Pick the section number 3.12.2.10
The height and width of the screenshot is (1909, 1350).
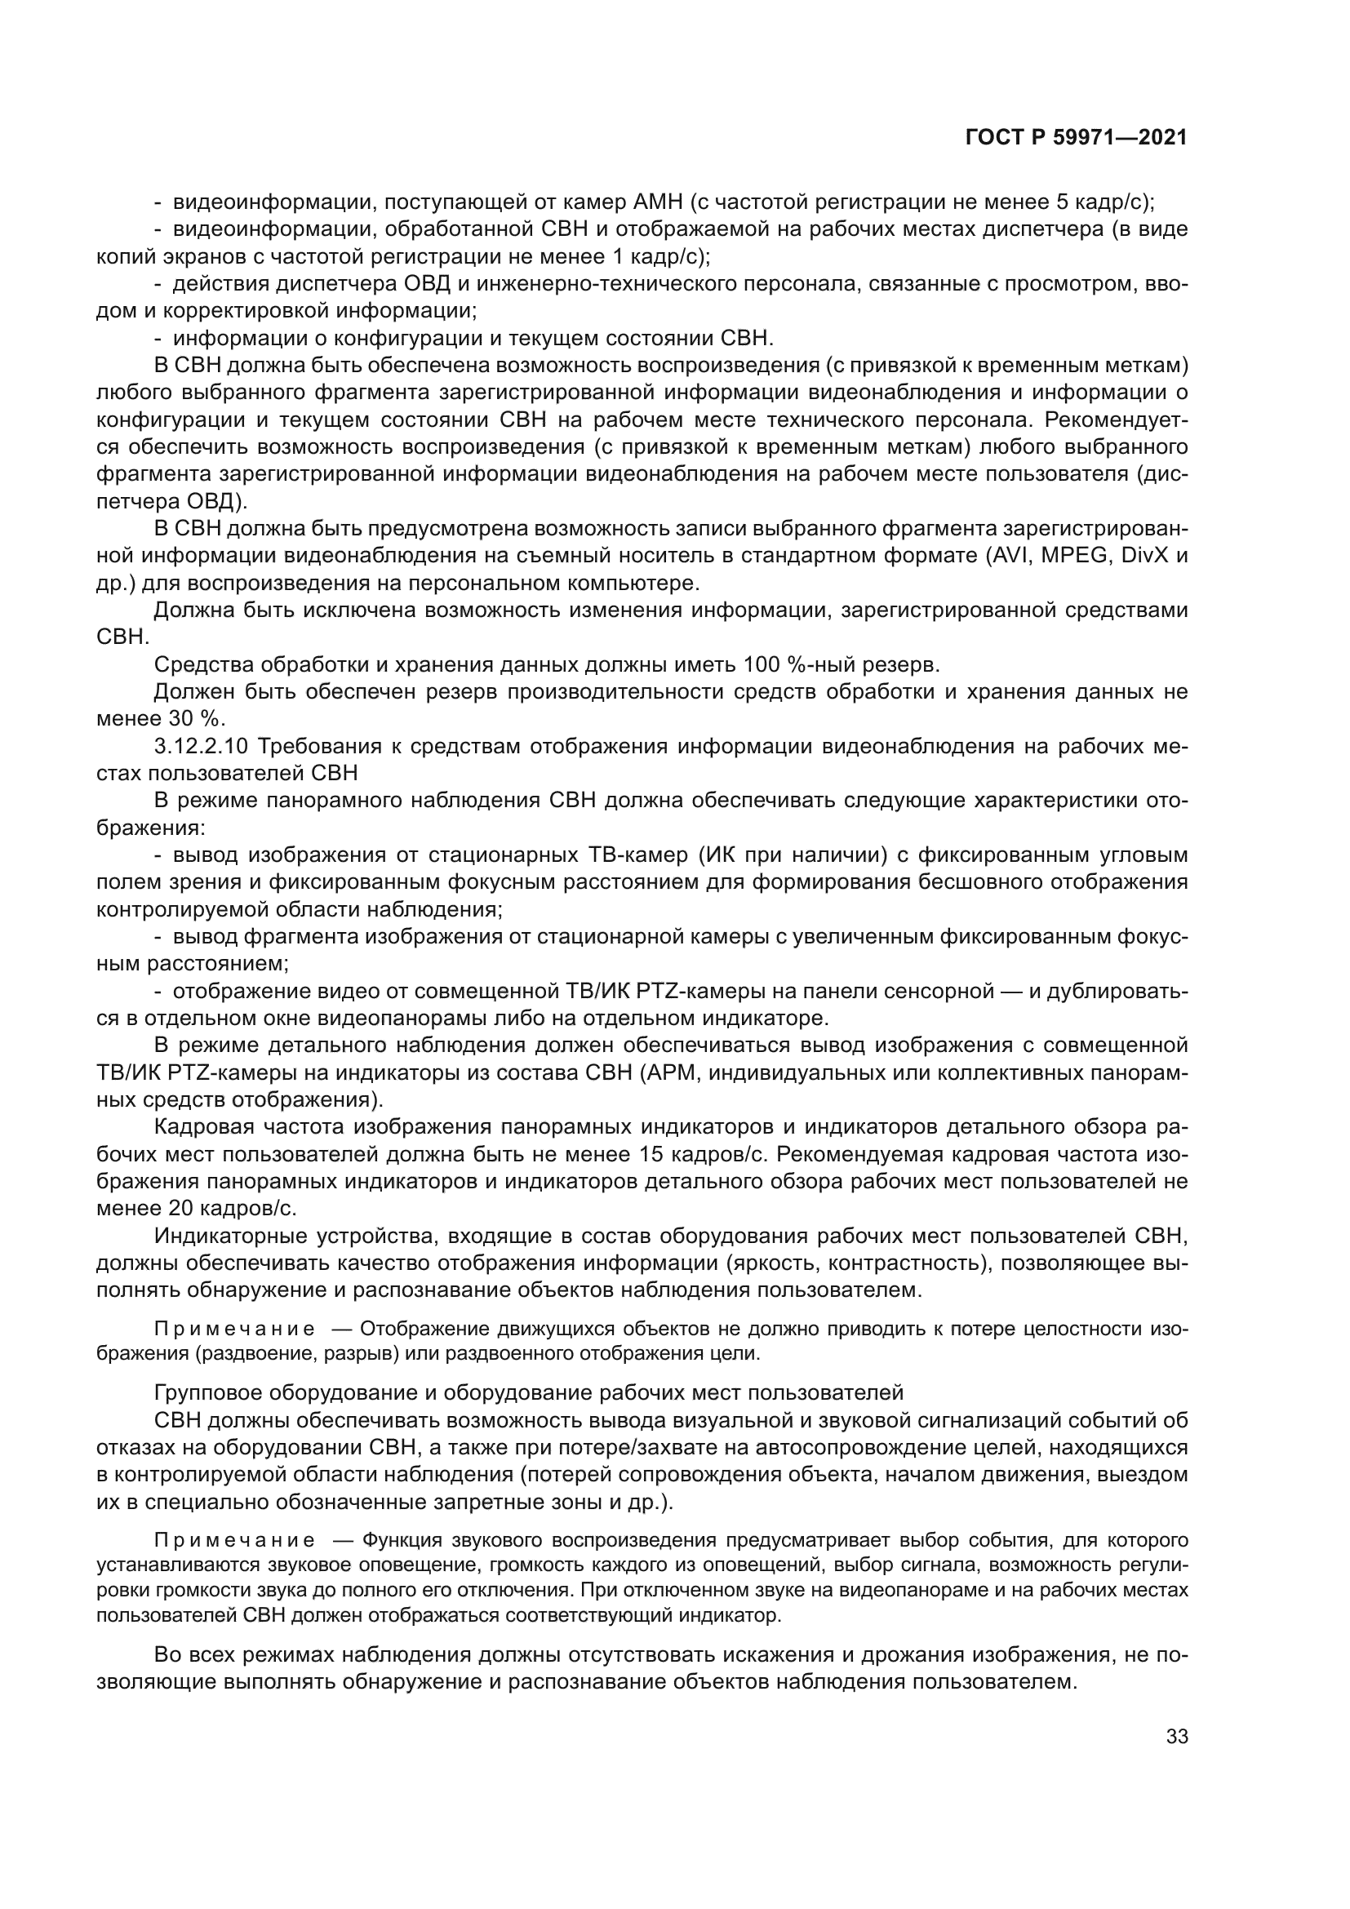tap(204, 746)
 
